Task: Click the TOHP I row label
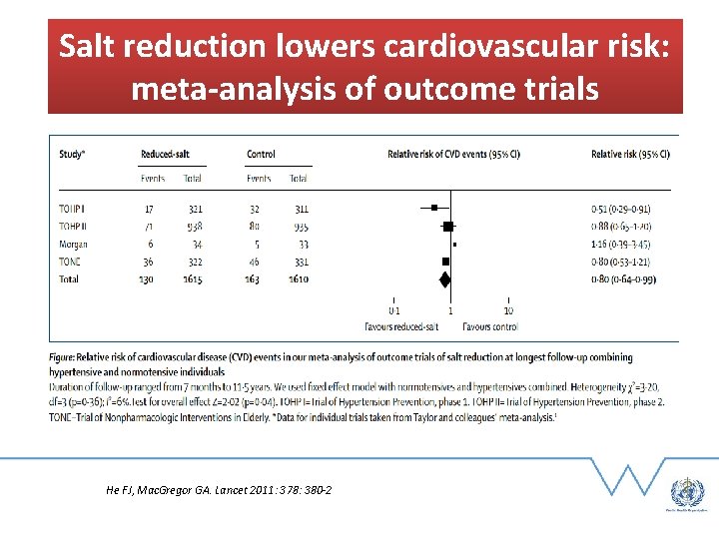click(73, 209)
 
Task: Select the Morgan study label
click(74, 244)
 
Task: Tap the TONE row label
click(70, 262)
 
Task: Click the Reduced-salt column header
click(165, 154)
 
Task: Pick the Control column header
click(261, 154)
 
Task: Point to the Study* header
click(72, 154)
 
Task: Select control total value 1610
click(298, 279)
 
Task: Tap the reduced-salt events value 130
click(146, 279)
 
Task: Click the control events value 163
click(252, 279)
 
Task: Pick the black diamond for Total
click(444, 279)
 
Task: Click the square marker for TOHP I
click(434, 208)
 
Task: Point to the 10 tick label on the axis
click(509, 310)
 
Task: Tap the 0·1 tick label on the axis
click(394, 310)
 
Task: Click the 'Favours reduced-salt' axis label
click(401, 326)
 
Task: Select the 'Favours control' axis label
click(490, 326)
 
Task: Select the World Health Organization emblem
click(687, 495)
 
